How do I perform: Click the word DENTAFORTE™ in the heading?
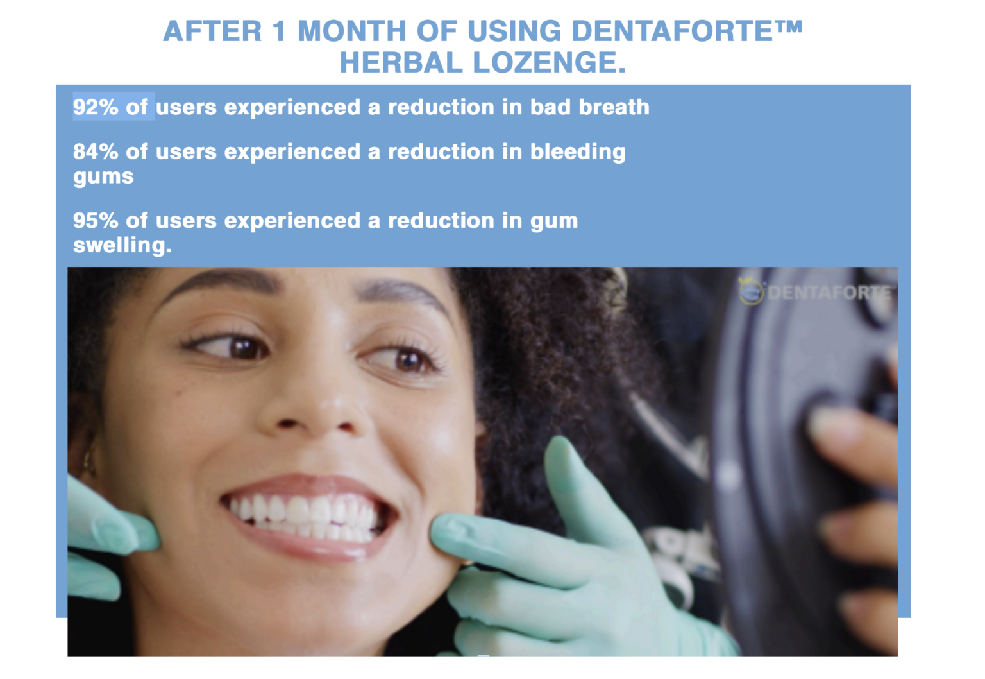point(687,31)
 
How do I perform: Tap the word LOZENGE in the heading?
point(549,62)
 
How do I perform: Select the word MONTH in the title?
point(352,31)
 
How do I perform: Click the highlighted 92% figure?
point(96,107)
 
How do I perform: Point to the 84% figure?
point(96,151)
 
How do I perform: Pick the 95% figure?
point(96,221)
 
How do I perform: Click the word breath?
point(614,107)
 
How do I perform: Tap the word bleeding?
point(578,152)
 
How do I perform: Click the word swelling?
point(122,245)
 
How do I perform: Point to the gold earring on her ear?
point(88,462)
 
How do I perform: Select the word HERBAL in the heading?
point(401,62)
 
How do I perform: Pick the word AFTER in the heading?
point(212,31)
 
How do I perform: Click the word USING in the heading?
point(514,31)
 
